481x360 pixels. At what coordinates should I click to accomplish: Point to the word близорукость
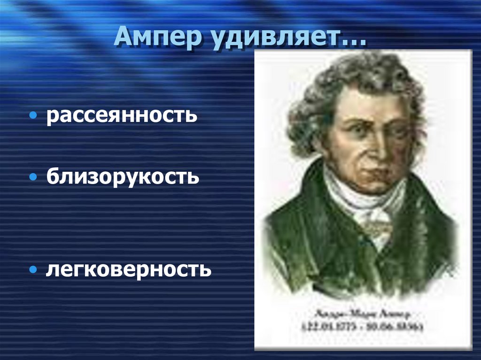[x=123, y=177]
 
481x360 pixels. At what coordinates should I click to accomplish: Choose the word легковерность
[x=128, y=269]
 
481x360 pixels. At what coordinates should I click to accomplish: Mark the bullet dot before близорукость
[x=33, y=178]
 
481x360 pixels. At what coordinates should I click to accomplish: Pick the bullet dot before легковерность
[x=33, y=270]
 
